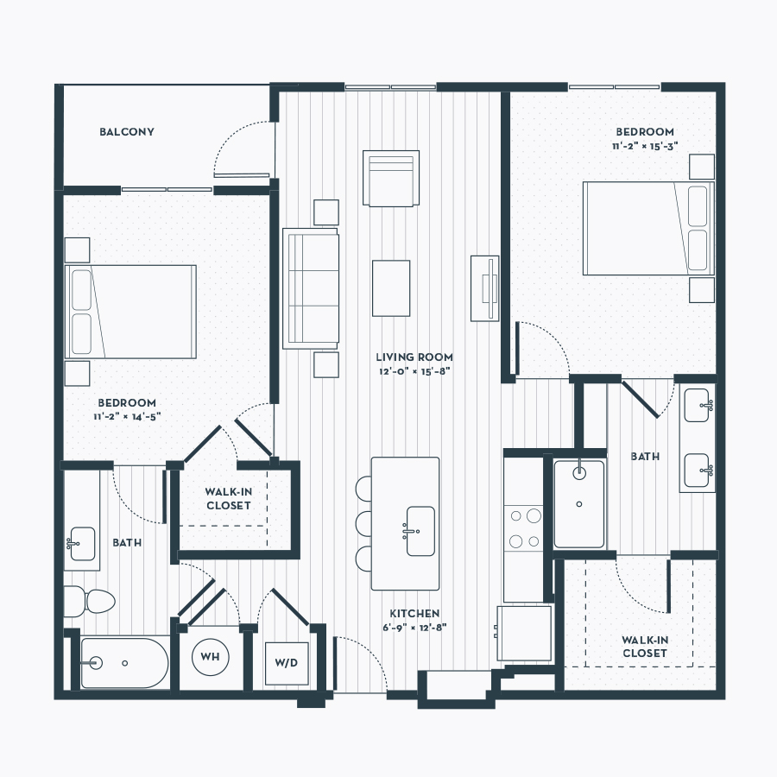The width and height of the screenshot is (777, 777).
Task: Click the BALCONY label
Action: click(x=127, y=132)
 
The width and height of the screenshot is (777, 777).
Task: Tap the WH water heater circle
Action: click(x=210, y=657)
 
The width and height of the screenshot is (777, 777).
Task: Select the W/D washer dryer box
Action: click(x=287, y=663)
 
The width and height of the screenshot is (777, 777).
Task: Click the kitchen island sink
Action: click(x=420, y=531)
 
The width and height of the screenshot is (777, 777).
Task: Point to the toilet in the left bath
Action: click(x=89, y=601)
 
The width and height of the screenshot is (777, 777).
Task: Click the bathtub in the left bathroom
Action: click(x=124, y=663)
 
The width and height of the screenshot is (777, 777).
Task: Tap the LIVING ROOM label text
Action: click(x=414, y=357)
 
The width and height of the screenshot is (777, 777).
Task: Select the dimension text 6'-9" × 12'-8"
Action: click(x=414, y=628)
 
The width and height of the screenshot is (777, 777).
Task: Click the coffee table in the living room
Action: click(x=391, y=287)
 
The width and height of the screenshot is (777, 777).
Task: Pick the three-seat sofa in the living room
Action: click(x=311, y=288)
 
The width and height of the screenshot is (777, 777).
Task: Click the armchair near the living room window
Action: click(x=391, y=178)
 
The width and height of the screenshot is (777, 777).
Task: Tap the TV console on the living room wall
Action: click(x=484, y=288)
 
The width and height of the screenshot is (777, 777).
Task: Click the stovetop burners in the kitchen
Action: click(x=524, y=528)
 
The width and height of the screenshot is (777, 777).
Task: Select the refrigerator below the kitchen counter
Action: click(x=524, y=634)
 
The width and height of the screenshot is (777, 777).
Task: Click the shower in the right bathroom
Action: click(x=579, y=504)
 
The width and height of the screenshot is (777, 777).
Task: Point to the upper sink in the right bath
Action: click(x=698, y=406)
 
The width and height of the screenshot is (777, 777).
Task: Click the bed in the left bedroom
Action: click(x=130, y=312)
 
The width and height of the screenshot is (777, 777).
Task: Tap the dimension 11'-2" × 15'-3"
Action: click(x=645, y=146)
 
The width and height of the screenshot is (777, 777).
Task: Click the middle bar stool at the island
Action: click(x=363, y=523)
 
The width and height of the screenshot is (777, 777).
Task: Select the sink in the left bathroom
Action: click(x=81, y=544)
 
